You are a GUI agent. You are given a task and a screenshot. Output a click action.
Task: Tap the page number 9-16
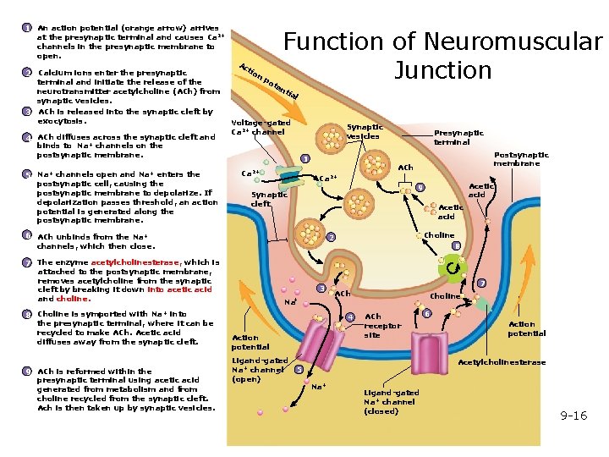click(x=573, y=416)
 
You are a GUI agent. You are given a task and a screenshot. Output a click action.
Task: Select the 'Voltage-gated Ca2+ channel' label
click(x=260, y=127)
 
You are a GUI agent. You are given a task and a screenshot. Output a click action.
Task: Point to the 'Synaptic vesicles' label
click(x=365, y=131)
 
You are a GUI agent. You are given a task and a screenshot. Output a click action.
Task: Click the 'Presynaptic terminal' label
click(x=458, y=137)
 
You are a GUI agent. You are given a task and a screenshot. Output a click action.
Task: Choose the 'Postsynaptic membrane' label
click(x=521, y=159)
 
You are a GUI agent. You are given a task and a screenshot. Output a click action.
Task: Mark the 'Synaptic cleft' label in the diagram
click(x=269, y=199)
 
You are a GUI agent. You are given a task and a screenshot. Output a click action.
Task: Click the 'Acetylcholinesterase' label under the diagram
click(x=502, y=362)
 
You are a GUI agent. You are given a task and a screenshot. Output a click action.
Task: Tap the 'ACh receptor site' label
click(x=382, y=326)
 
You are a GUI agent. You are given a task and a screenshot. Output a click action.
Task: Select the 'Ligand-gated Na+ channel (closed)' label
click(x=391, y=402)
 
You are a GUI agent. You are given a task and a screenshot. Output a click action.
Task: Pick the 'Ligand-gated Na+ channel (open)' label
click(x=259, y=370)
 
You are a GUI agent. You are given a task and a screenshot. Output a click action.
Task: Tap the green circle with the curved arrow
click(x=454, y=269)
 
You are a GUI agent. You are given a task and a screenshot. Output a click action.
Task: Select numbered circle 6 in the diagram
click(x=426, y=314)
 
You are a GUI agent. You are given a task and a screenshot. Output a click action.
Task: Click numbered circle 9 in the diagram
click(x=420, y=187)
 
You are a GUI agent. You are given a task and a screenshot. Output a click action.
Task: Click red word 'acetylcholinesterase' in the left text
click(x=135, y=262)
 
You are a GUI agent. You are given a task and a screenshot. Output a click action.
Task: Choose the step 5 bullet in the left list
click(x=27, y=175)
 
